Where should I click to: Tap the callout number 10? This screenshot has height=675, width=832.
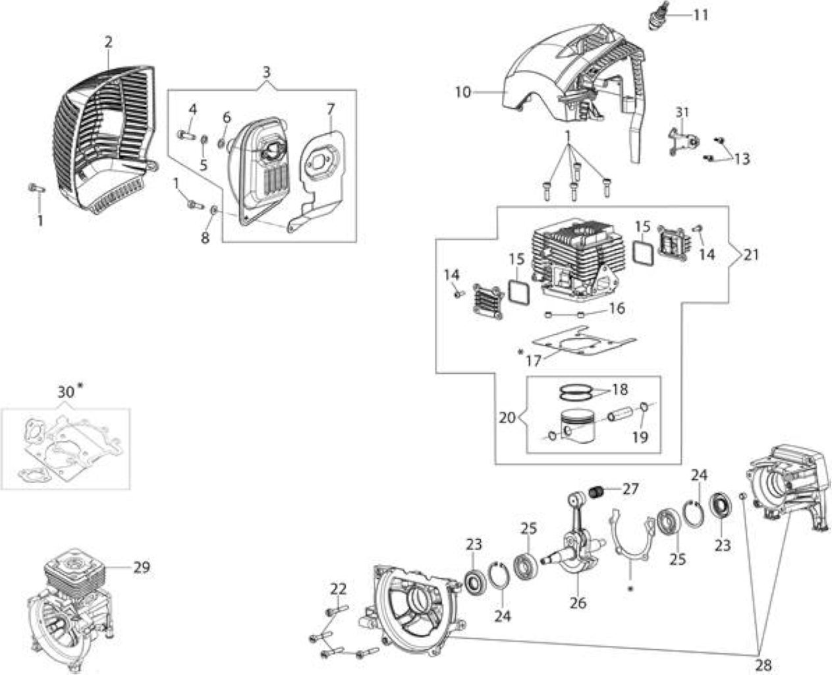pyautogui.click(x=463, y=93)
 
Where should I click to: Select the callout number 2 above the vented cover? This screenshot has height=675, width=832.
pyautogui.click(x=108, y=42)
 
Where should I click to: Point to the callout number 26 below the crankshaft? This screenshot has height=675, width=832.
pyautogui.click(x=578, y=602)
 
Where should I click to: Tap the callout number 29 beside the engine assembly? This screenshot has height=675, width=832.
pyautogui.click(x=142, y=567)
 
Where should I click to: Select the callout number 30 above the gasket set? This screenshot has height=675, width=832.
pyautogui.click(x=67, y=392)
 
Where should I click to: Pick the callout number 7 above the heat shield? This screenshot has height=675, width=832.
pyautogui.click(x=331, y=109)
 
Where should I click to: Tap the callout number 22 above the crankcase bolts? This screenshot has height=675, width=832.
pyautogui.click(x=339, y=589)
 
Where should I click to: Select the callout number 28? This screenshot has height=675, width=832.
pyautogui.click(x=763, y=664)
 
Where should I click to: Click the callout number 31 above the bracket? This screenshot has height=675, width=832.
pyautogui.click(x=682, y=113)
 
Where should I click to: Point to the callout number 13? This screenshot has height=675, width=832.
pyautogui.click(x=742, y=159)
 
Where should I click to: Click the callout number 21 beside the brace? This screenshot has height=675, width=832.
pyautogui.click(x=750, y=254)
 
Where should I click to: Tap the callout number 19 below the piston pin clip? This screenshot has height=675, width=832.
pyautogui.click(x=640, y=437)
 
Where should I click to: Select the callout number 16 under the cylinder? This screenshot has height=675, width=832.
pyautogui.click(x=617, y=308)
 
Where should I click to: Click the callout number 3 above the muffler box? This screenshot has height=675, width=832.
pyautogui.click(x=266, y=72)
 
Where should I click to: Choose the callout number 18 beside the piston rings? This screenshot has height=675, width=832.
pyautogui.click(x=620, y=390)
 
